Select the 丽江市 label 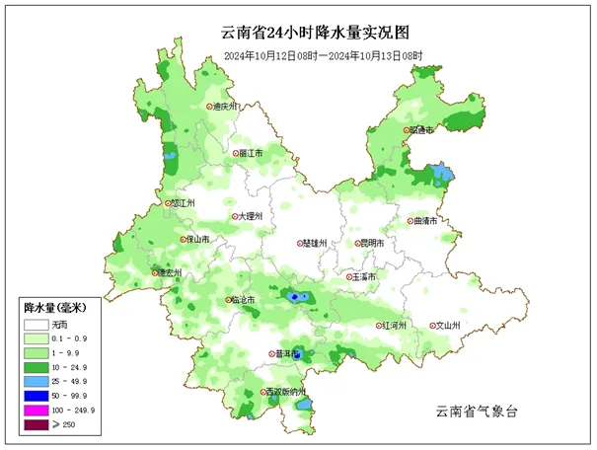(x=250, y=154)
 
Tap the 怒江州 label (x=184, y=203)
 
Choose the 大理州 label (x=249, y=216)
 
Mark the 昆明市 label (x=374, y=243)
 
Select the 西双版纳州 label (x=285, y=392)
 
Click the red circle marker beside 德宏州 (x=154, y=272)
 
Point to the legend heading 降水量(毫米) (x=55, y=308)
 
